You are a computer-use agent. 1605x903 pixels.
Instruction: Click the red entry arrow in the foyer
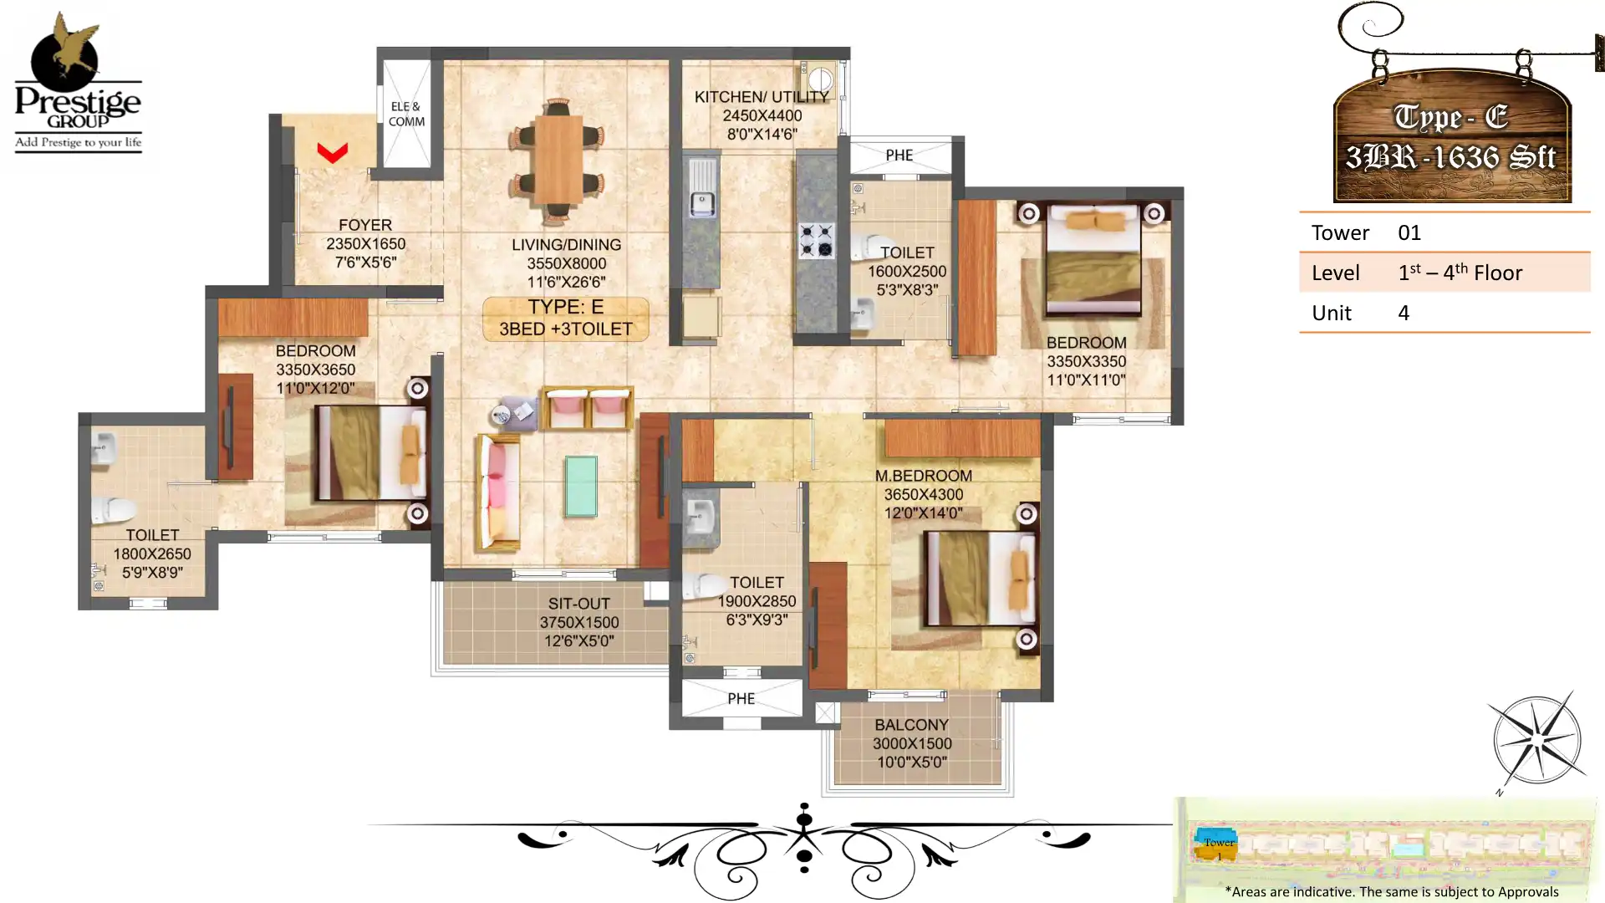pos(332,152)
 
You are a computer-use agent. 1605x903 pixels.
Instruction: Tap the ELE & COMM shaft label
pos(406,114)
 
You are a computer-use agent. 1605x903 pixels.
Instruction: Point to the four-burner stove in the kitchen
pos(815,240)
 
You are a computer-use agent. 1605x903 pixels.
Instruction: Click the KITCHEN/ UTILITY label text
pos(761,97)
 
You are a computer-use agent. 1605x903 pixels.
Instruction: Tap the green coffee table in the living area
pos(580,486)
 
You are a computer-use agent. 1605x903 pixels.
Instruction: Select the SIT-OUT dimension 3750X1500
pos(578,623)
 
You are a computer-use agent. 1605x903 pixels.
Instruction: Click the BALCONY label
pos(911,725)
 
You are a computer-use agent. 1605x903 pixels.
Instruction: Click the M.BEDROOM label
pos(923,476)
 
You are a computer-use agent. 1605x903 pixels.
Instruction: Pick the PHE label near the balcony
pos(741,699)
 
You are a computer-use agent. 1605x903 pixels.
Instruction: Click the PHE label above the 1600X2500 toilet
pos(899,156)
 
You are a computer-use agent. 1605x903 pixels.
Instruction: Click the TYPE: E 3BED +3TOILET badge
pos(566,319)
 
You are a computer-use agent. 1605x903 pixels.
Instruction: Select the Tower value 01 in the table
pos(1409,232)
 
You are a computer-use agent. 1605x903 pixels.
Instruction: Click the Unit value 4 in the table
pos(1404,313)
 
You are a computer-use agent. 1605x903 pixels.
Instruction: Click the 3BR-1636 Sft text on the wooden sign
pos(1450,157)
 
